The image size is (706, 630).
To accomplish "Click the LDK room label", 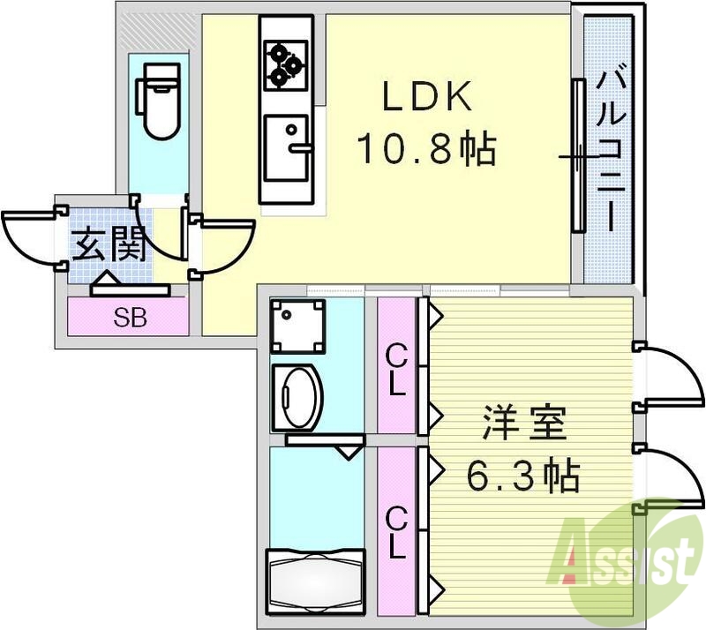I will (x=428, y=98).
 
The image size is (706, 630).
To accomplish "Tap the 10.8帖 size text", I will (x=425, y=149).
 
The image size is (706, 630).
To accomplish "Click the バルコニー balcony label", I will (x=610, y=150).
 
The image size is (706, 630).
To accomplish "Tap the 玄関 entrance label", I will (x=108, y=244).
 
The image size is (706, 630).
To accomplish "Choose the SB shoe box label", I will (x=130, y=318).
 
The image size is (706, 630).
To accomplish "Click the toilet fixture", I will (x=158, y=104).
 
